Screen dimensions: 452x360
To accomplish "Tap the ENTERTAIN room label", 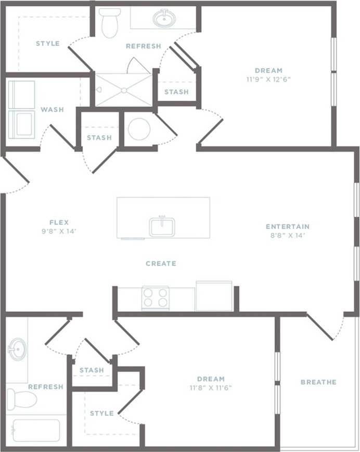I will click(288, 227).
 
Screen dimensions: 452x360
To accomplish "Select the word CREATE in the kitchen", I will click(161, 264).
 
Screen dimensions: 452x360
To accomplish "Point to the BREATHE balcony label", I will click(318, 382).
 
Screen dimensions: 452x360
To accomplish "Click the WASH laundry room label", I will click(52, 110).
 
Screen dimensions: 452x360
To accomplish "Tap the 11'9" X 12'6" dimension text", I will click(268, 80).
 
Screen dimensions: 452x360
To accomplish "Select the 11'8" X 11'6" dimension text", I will click(211, 388).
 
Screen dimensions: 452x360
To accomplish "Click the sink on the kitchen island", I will click(162, 227).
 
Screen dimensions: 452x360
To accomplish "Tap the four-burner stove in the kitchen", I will click(156, 298).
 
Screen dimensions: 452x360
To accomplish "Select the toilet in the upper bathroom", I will click(110, 23).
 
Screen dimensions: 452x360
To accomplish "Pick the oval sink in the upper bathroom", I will click(164, 18).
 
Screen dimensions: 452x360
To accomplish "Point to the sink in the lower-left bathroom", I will click(17, 348).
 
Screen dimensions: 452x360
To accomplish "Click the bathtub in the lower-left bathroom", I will click(36, 430).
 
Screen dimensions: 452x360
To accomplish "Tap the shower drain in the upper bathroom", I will click(124, 90).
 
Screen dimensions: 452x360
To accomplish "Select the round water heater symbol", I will click(139, 128).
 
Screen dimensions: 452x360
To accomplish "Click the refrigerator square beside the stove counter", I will click(214, 296).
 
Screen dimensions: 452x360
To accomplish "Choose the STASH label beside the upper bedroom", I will click(176, 92).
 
